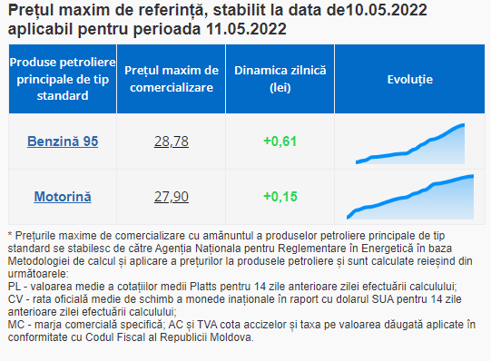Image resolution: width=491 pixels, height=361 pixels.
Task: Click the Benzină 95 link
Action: point(63,141)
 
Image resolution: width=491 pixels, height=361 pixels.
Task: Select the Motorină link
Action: point(63,197)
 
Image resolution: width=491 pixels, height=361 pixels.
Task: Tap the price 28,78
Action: point(172,141)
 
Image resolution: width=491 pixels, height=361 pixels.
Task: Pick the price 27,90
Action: point(172,197)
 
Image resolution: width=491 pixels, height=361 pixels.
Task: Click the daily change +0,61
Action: point(280,141)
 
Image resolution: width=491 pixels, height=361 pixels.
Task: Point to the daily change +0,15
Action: point(280,197)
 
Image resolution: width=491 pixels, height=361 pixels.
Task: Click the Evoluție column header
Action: point(410,80)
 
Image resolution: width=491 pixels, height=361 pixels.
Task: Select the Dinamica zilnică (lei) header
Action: point(280,79)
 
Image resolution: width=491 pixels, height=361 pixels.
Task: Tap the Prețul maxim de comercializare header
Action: point(172,79)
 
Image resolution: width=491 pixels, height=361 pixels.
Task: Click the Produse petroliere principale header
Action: point(63,79)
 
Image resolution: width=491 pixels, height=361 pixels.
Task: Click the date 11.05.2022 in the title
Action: point(246,29)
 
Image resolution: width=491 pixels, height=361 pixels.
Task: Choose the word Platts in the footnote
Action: point(202,287)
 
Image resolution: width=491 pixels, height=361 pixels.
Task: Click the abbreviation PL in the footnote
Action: point(15,287)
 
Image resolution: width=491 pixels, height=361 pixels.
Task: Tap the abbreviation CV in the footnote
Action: point(15,299)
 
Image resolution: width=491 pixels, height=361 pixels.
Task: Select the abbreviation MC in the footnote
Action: point(16,325)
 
